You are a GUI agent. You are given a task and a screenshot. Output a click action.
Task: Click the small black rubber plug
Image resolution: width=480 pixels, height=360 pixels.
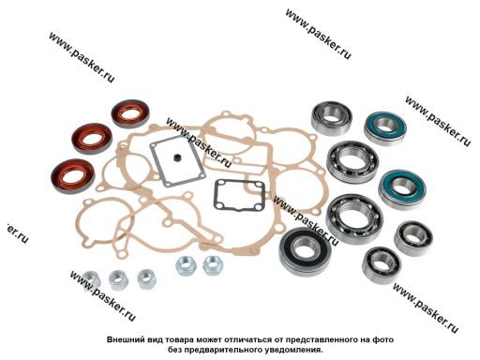(177, 157)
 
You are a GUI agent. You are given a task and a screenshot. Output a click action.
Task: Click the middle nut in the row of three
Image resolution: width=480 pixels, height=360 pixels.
(118, 279)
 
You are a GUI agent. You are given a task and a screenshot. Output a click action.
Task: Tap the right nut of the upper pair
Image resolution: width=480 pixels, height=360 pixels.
(213, 266)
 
